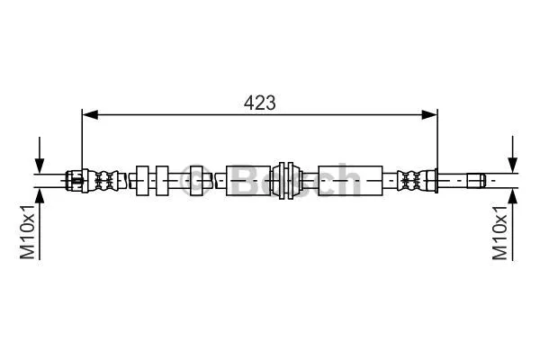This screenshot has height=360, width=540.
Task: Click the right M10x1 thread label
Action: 500,231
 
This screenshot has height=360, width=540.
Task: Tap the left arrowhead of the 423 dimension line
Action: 87,113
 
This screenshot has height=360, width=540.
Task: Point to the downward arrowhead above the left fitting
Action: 39,164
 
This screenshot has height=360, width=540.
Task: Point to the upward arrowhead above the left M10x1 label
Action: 39,193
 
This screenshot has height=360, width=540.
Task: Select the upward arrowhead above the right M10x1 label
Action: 511,194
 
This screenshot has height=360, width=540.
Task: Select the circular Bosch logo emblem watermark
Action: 194,180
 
